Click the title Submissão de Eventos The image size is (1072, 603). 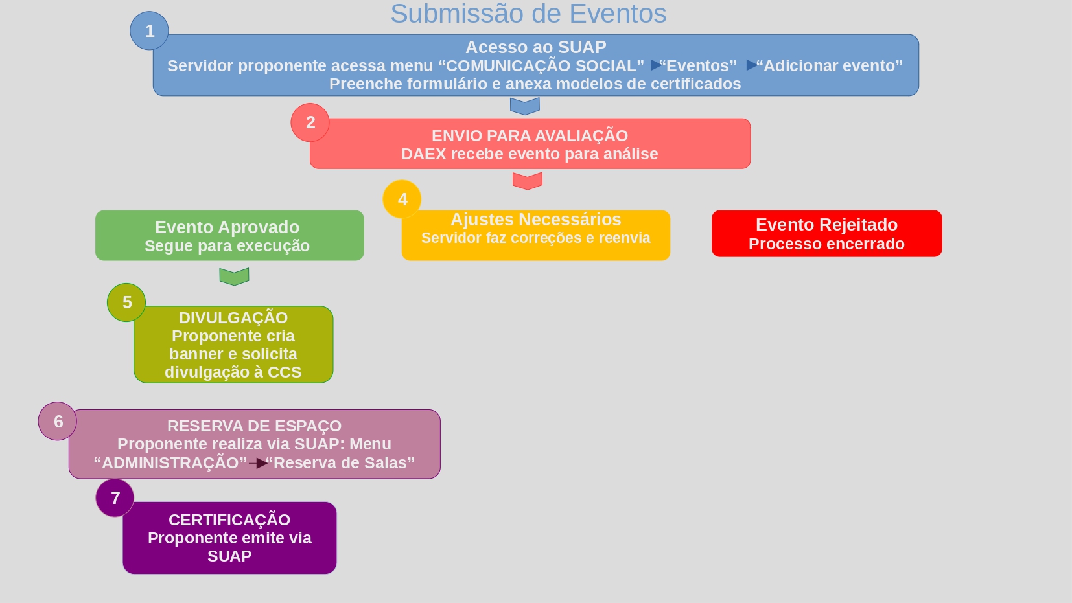tap(528, 14)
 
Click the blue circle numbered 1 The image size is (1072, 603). tap(149, 30)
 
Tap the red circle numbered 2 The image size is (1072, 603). tap(310, 122)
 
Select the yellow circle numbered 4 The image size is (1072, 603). tap(402, 199)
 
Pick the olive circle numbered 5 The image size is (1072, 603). tap(126, 302)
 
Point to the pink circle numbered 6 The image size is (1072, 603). tap(58, 421)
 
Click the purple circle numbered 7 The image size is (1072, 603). tap(115, 497)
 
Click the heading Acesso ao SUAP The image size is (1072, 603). tap(535, 47)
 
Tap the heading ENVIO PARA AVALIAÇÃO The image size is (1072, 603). tap(530, 136)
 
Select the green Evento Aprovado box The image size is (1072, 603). tap(229, 236)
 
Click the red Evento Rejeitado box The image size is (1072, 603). tap(826, 234)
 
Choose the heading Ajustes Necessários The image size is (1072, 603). tap(535, 220)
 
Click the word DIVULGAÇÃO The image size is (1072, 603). tap(233, 318)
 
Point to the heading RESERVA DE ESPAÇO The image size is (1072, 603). tap(254, 426)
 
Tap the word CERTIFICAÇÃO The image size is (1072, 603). tap(229, 520)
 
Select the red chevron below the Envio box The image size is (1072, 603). tap(527, 181)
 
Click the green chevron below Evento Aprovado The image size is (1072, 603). tap(234, 277)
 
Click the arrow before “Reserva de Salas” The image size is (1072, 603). tap(259, 463)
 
